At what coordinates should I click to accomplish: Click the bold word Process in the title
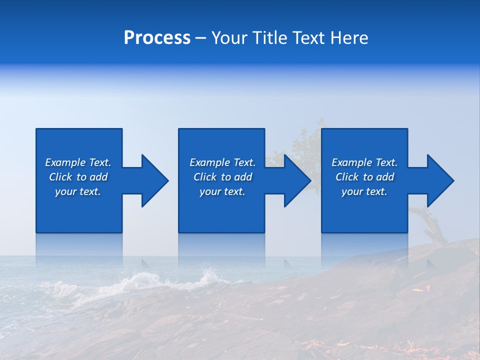157,38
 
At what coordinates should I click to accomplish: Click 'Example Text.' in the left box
78,162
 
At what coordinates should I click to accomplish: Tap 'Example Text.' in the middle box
222,162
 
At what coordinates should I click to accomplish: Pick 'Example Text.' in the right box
364,162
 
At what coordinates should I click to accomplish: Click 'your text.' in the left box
78,192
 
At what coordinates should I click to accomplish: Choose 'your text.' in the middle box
222,192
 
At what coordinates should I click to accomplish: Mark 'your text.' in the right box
364,192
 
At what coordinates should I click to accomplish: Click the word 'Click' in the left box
60,177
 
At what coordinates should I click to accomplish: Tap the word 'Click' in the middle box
205,177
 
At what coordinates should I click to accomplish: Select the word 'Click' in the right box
347,177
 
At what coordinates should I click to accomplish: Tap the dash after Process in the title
201,38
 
